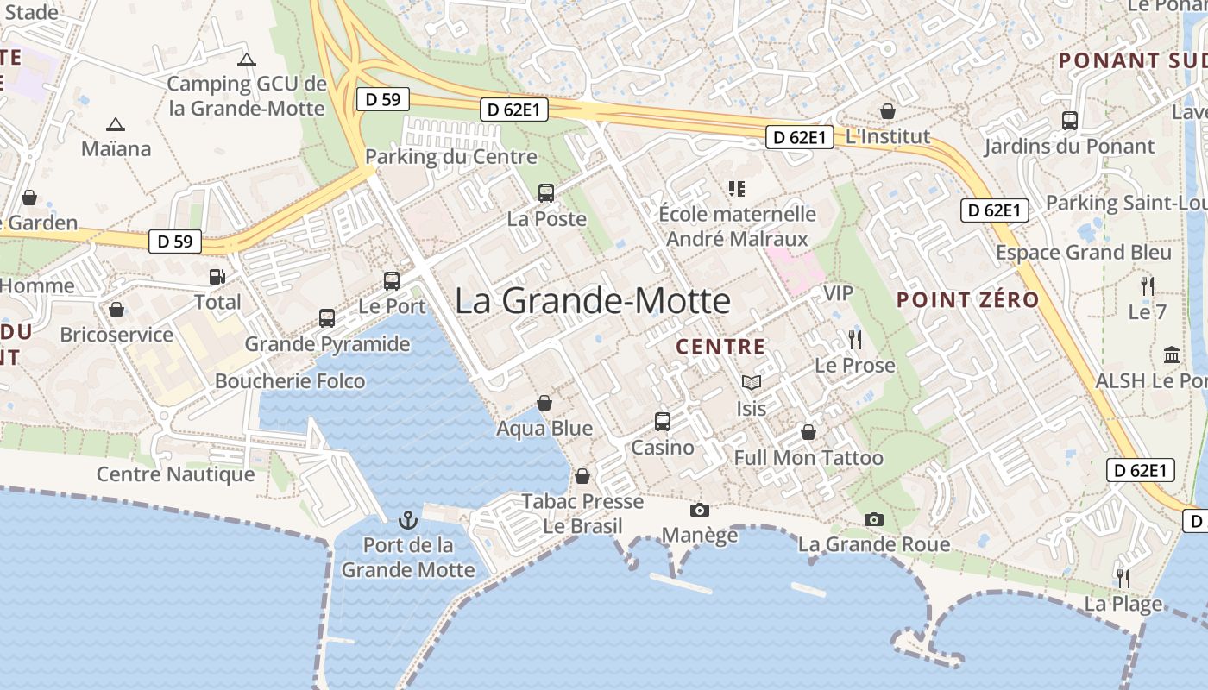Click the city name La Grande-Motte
593,301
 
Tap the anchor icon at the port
407,520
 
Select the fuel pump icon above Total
217,277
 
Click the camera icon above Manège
700,510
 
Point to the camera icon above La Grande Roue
874,519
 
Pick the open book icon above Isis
752,382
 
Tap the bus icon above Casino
663,422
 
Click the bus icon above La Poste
546,193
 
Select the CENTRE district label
720,347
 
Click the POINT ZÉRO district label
967,300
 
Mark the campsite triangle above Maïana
115,124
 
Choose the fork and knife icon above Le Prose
854,339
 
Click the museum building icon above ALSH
1172,354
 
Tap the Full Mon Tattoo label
808,458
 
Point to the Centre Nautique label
176,474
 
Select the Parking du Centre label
451,157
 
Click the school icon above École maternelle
737,188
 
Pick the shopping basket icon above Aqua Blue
544,403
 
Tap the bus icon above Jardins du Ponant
1070,121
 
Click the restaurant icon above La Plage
1123,578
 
